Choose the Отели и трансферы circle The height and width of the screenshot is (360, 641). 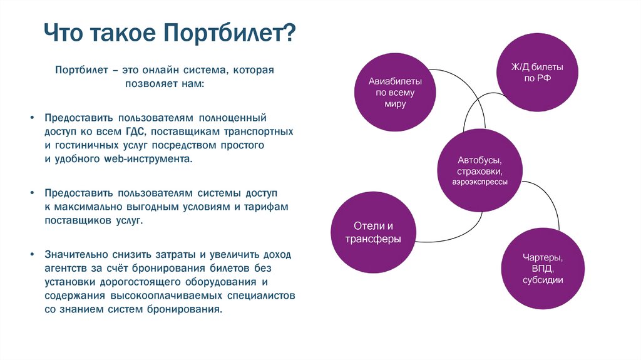(372, 232)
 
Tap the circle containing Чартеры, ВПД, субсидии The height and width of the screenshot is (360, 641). (543, 269)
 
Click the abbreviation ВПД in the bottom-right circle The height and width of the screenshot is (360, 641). (543, 269)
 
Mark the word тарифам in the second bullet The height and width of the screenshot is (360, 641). (270, 207)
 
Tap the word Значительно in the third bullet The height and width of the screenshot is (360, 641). (72, 254)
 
